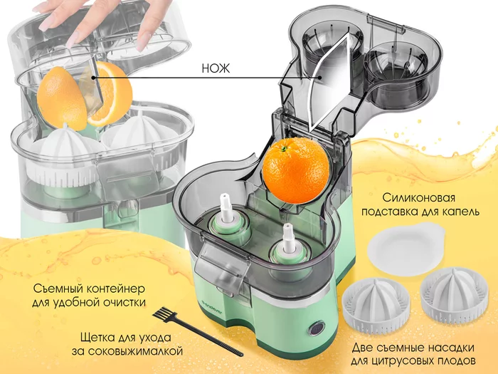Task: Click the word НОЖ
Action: tap(216, 68)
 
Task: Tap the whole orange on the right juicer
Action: tap(296, 170)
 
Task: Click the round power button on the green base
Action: tap(316, 328)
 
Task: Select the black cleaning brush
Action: tap(197, 331)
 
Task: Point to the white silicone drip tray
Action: tap(406, 249)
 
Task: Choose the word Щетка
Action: tap(98, 338)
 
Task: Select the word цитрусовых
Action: tap(407, 361)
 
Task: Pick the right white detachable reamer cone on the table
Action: tap(454, 293)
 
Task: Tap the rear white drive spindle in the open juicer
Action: tap(226, 208)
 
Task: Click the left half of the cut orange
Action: tap(62, 97)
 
